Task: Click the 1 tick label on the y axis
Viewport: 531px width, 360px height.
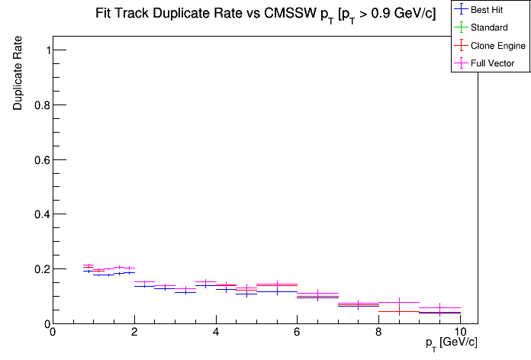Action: (x=42, y=50)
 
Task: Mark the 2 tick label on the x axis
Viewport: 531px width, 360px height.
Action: (x=134, y=333)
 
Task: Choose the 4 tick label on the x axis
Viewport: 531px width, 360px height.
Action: (x=216, y=333)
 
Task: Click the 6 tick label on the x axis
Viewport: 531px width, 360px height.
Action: (x=298, y=333)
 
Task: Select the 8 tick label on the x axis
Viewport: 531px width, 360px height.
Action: (x=379, y=333)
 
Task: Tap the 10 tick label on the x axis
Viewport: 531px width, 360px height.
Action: (x=460, y=333)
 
